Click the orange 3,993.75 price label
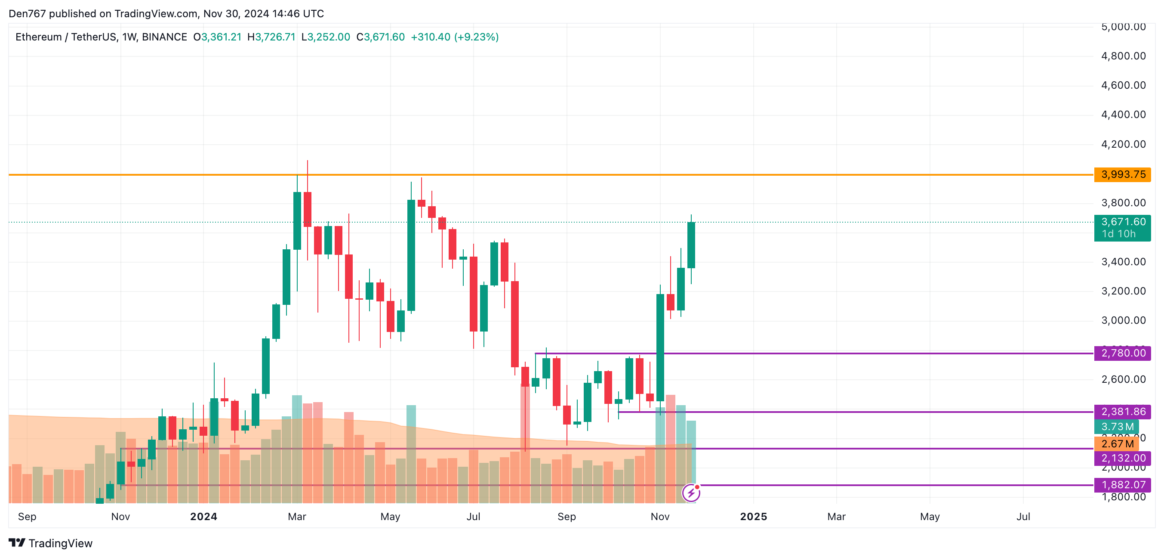(1122, 174)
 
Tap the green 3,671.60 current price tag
(1122, 227)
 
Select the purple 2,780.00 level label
(1122, 353)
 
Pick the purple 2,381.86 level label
(1122, 412)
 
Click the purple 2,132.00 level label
(1122, 458)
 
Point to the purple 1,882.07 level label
(1122, 485)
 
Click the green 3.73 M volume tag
(1117, 426)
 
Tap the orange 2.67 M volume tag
(1117, 443)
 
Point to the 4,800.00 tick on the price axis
(1123, 56)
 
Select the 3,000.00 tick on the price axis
(1123, 321)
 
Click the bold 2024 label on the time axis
(203, 516)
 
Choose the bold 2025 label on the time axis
(753, 516)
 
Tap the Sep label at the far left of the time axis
(27, 516)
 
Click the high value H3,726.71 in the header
(271, 37)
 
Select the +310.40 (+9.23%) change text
(455, 37)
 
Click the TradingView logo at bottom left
(51, 543)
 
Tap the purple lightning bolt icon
(691, 493)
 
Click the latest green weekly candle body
(691, 245)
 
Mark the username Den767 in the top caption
(27, 14)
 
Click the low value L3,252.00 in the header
(325, 37)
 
